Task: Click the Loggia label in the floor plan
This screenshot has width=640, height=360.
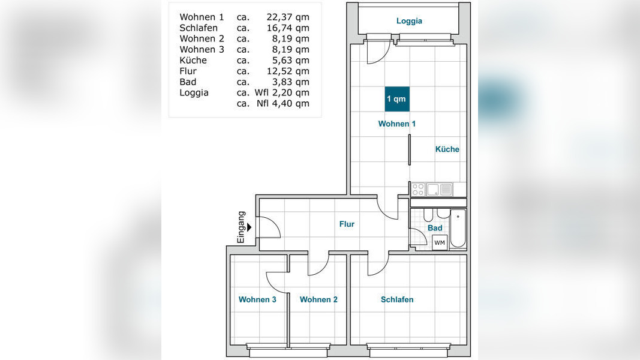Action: [x=409, y=21]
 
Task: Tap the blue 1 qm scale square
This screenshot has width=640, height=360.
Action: [x=396, y=99]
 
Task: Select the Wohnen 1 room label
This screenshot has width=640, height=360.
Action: [x=396, y=124]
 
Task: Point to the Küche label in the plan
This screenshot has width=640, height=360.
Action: [x=447, y=149]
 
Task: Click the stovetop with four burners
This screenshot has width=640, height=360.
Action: [x=418, y=190]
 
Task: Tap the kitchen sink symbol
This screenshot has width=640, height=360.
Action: [x=432, y=190]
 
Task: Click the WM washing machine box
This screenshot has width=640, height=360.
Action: [x=440, y=242]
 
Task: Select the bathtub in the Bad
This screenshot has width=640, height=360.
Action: [x=458, y=229]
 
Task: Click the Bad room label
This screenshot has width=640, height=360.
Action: [x=435, y=228]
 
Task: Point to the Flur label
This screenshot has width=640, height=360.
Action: [x=347, y=224]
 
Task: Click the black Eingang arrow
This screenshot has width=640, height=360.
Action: [x=249, y=227]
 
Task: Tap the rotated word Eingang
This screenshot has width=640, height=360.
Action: [x=241, y=227]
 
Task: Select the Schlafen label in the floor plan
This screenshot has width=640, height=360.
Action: [x=396, y=299]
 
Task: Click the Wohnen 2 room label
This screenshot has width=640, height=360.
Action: [x=319, y=299]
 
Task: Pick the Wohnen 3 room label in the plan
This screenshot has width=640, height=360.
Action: [x=257, y=299]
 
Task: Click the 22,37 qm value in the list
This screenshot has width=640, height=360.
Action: [x=288, y=17]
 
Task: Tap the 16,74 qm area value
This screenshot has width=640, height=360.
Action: [x=288, y=28]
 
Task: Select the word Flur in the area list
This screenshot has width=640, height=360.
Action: [x=188, y=71]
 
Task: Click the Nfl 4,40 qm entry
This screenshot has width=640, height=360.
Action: [x=283, y=103]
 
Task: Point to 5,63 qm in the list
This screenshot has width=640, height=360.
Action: [x=290, y=60]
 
